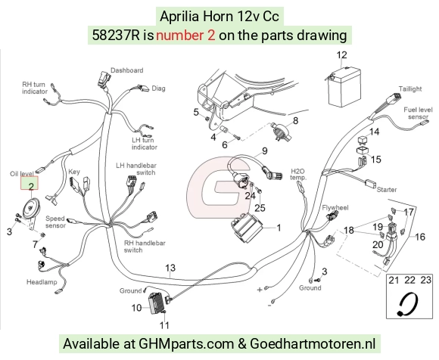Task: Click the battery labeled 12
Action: [344, 87]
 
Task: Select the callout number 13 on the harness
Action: [170, 268]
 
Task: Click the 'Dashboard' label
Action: [127, 70]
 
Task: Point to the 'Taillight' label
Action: [410, 89]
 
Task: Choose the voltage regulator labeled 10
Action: [157, 303]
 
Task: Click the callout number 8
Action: [295, 120]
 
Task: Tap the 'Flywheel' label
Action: [335, 207]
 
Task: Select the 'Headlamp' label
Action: [42, 282]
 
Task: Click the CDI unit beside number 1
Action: [247, 227]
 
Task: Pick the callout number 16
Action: [419, 237]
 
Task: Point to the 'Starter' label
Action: [387, 190]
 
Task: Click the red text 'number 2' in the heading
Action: [185, 36]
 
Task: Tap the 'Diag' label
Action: [158, 88]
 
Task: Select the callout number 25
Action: [260, 208]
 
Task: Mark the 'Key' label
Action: [74, 172]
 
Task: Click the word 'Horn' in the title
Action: [218, 16]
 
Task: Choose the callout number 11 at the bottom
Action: [164, 325]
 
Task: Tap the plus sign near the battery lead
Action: [260, 290]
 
